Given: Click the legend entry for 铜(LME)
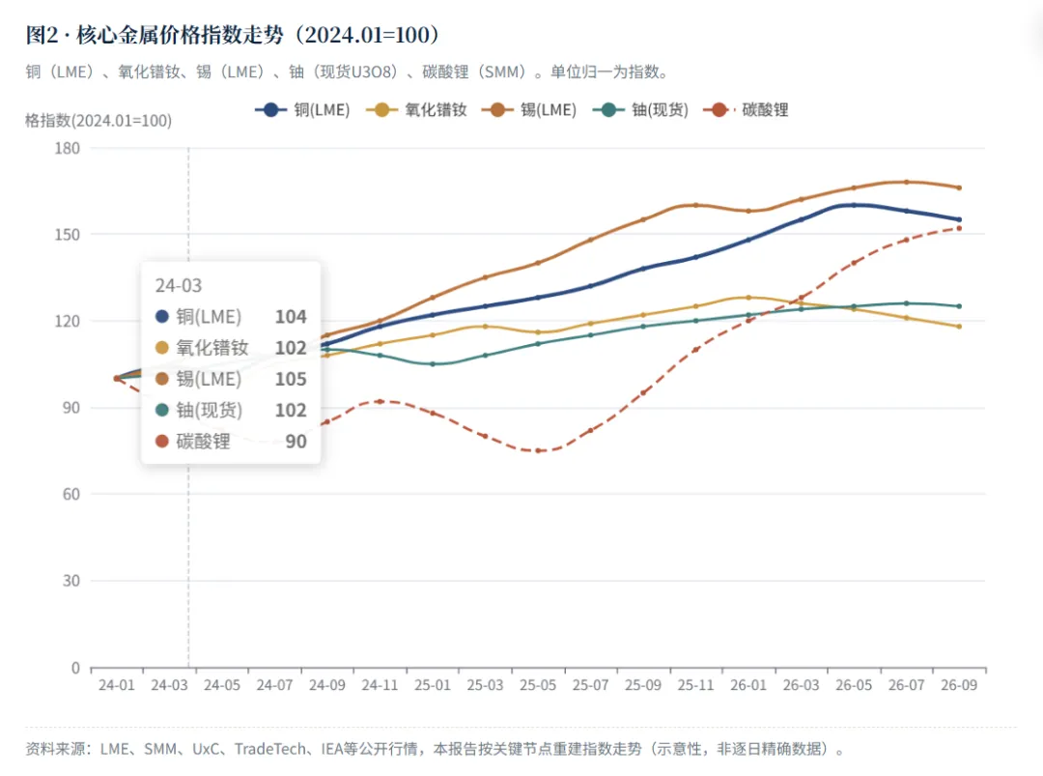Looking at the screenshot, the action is tap(302, 110).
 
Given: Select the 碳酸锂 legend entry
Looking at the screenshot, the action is tap(746, 110).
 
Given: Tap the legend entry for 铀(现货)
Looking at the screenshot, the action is tap(640, 110).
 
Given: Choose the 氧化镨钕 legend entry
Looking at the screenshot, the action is tap(417, 110).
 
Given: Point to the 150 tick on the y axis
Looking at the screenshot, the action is tap(68, 234).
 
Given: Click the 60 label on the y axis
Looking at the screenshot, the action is tap(71, 494).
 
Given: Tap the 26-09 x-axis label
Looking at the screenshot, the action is tap(959, 685).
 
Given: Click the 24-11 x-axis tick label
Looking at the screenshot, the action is tap(380, 685).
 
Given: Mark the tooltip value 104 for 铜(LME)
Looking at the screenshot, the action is tap(291, 317).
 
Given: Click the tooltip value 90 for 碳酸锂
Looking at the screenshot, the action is tap(296, 442).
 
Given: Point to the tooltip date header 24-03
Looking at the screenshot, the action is tap(179, 285).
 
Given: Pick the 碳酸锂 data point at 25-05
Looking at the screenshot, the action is tap(538, 450).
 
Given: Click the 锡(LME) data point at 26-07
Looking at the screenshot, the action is tap(907, 182).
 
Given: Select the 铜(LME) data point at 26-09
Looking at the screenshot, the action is tap(959, 219).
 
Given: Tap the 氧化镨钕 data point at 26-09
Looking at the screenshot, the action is tap(959, 326).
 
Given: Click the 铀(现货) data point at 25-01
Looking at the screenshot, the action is tap(433, 364).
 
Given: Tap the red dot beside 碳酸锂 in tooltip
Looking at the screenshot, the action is tap(161, 441).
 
